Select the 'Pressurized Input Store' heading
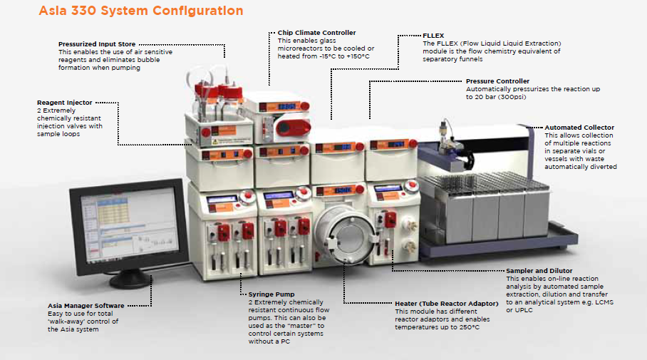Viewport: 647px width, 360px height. (x=97, y=44)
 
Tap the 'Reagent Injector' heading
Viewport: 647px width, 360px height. (x=65, y=103)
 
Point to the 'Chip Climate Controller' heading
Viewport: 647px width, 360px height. (x=316, y=33)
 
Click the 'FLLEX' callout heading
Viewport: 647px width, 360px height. (x=434, y=35)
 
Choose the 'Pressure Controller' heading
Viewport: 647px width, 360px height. (x=497, y=81)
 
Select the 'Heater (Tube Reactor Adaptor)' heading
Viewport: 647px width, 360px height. (x=446, y=304)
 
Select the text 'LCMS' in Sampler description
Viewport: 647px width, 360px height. (x=626, y=302)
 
